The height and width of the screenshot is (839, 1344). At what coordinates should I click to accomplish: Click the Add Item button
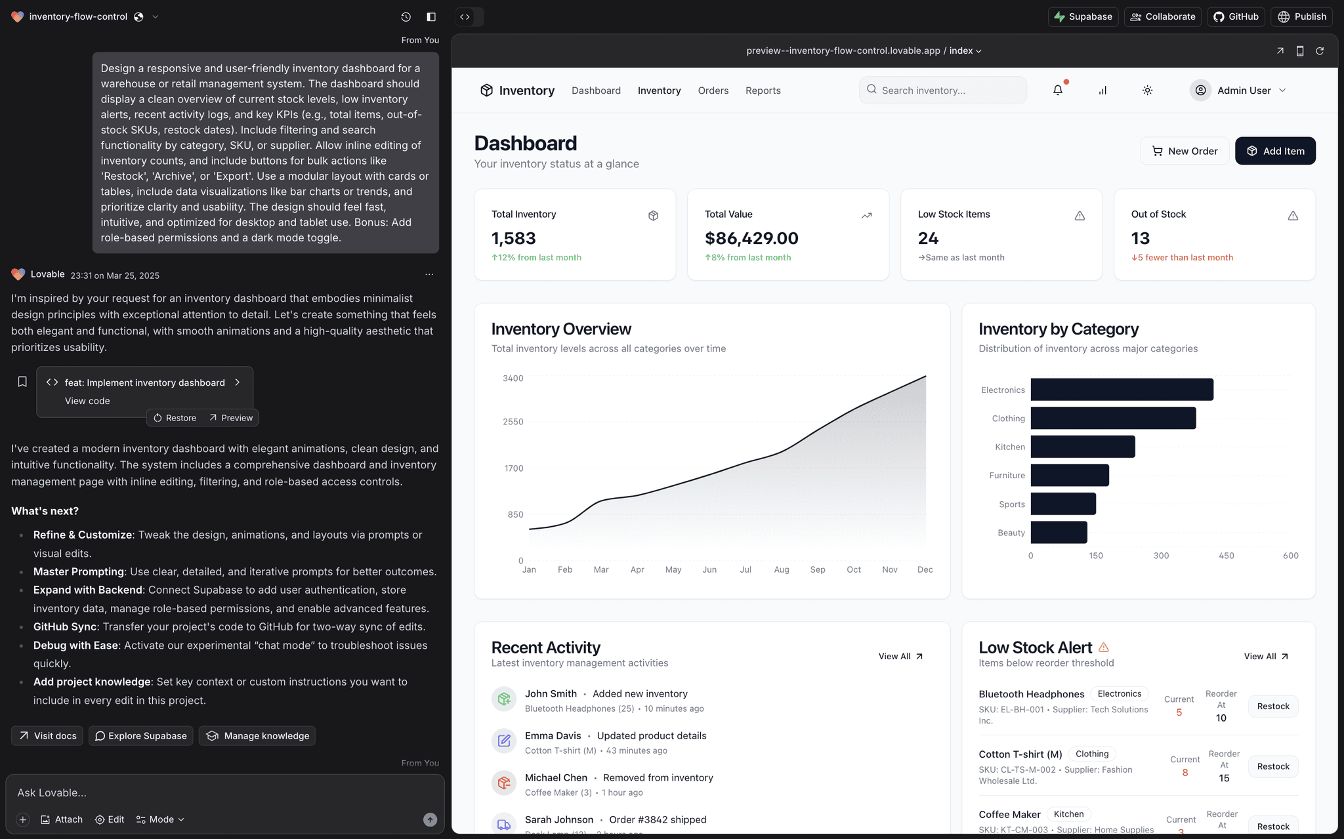(x=1274, y=151)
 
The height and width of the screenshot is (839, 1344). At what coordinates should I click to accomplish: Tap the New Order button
(x=1185, y=151)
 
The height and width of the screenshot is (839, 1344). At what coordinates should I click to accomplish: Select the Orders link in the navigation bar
(x=713, y=91)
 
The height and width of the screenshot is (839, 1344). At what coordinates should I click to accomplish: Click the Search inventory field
(x=943, y=91)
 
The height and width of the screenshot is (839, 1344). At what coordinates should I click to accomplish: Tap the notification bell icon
(x=1057, y=91)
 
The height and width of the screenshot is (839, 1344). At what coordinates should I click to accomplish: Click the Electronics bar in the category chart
(x=1122, y=390)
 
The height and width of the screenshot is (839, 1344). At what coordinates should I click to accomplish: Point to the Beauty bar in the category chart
(x=1059, y=533)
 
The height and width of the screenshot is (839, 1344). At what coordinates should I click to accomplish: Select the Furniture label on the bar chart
(x=1007, y=476)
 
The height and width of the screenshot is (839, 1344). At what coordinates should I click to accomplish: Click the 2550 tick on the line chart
(x=513, y=422)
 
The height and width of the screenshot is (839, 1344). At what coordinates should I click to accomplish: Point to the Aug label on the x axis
(x=781, y=569)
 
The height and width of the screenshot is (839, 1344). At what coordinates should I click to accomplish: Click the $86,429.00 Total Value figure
(x=751, y=238)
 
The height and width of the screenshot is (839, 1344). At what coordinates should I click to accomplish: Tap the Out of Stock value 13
(x=1140, y=238)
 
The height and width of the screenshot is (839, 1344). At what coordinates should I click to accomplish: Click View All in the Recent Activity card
(x=900, y=656)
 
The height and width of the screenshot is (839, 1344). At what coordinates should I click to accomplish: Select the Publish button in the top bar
(x=1302, y=16)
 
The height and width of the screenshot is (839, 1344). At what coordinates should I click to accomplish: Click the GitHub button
(x=1236, y=16)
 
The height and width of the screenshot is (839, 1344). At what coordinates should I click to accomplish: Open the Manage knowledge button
(x=257, y=736)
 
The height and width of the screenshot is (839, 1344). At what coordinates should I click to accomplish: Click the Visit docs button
(x=47, y=736)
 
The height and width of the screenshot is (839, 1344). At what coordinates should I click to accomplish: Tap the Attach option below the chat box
(x=62, y=819)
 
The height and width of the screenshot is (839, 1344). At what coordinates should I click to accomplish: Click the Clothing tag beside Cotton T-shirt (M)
(x=1092, y=754)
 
